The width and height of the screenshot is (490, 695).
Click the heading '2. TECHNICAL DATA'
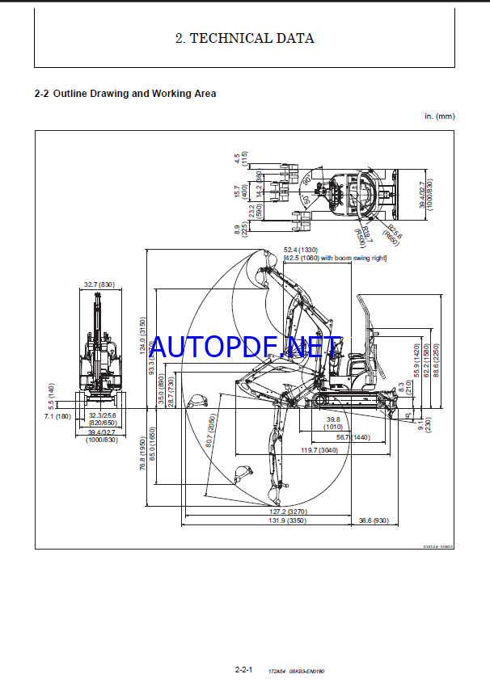(x=244, y=38)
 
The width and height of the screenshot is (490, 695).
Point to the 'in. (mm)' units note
(x=440, y=116)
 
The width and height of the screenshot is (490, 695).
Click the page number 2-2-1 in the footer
(x=244, y=670)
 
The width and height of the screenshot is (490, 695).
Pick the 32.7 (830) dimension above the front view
(x=99, y=284)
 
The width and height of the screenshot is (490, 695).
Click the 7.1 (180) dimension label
(x=58, y=416)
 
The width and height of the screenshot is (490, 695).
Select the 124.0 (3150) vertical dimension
(x=142, y=335)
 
